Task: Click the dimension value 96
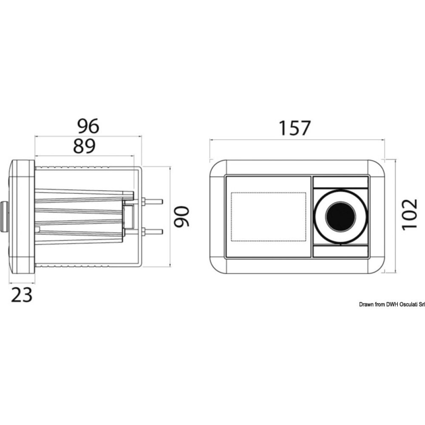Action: click(88, 126)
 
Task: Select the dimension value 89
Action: click(84, 146)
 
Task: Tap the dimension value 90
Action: click(181, 216)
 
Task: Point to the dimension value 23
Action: click(22, 295)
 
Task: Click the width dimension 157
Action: click(295, 128)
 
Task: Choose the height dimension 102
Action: click(409, 215)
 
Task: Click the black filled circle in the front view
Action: click(340, 217)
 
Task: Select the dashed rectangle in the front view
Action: click(268, 217)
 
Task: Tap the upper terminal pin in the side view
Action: click(153, 201)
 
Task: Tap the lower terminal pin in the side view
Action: click(153, 232)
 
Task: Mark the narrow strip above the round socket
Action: click(340, 182)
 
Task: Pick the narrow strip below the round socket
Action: click(340, 251)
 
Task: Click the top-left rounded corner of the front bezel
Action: click(218, 168)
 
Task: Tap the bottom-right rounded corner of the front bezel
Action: click(376, 266)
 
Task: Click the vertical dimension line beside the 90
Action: click(170, 216)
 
